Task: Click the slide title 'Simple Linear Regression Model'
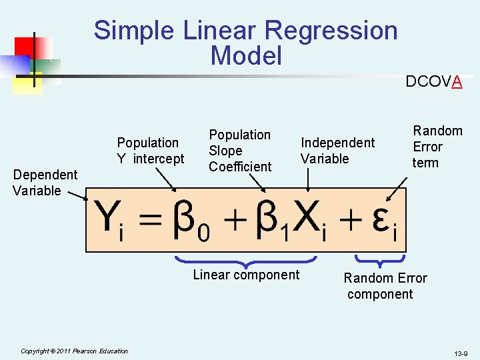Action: (x=245, y=43)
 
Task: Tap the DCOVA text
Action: (x=434, y=82)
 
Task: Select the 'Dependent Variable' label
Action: (x=45, y=183)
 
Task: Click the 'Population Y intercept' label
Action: (x=150, y=151)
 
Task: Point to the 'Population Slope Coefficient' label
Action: (x=240, y=151)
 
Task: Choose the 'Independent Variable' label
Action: (x=337, y=151)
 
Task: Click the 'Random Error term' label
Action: (x=437, y=147)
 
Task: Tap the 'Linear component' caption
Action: (x=246, y=275)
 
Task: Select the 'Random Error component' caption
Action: (x=385, y=286)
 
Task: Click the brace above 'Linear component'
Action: (x=245, y=262)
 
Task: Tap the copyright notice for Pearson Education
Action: (x=74, y=351)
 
